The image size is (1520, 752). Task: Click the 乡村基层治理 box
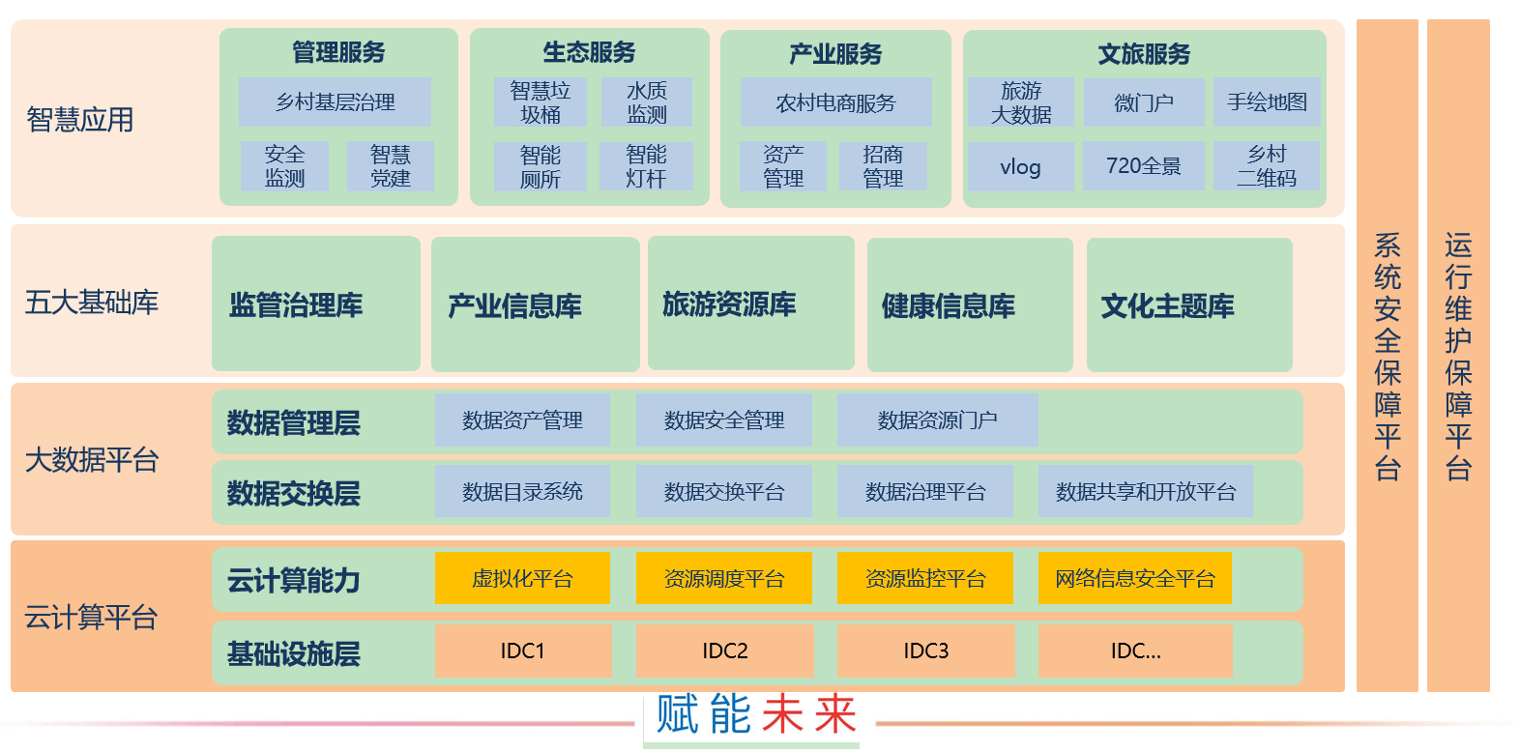click(x=335, y=101)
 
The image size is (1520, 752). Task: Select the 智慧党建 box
click(x=391, y=166)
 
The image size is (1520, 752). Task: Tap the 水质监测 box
click(x=647, y=101)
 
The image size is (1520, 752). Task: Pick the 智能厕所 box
click(x=541, y=166)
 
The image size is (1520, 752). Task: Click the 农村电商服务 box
click(x=836, y=102)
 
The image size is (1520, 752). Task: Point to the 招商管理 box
click(x=883, y=166)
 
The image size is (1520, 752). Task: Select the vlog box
click(x=1020, y=166)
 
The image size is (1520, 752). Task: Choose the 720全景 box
click(x=1144, y=165)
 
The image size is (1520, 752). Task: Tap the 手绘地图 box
click(x=1267, y=101)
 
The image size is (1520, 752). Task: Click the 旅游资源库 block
click(x=751, y=304)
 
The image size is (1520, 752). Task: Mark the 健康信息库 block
click(x=971, y=304)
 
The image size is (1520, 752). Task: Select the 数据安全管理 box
click(x=724, y=420)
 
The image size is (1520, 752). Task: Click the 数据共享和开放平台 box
click(x=1146, y=492)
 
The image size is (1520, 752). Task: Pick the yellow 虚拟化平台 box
click(x=522, y=578)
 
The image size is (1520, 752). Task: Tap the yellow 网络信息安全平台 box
click(x=1134, y=578)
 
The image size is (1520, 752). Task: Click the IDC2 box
click(x=725, y=651)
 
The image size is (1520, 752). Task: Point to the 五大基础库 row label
click(x=92, y=303)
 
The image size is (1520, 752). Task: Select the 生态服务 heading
click(x=589, y=52)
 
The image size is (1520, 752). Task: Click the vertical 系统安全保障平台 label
click(x=1388, y=356)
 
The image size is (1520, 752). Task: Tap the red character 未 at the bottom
click(x=782, y=714)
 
